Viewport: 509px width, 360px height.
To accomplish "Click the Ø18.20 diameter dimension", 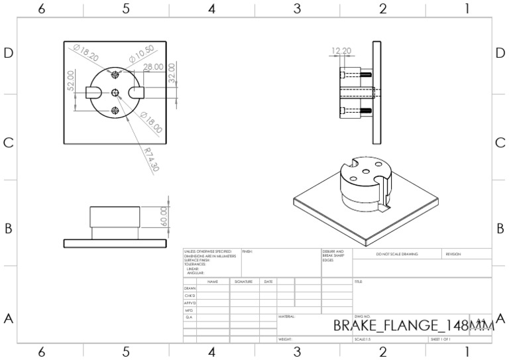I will click(x=87, y=54).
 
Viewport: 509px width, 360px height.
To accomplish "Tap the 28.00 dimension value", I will click(x=153, y=68).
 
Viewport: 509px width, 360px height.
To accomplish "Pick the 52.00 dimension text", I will click(x=70, y=82).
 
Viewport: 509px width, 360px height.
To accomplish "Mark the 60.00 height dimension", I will click(x=164, y=214).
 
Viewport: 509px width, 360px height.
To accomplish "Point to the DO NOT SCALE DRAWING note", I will click(x=397, y=254).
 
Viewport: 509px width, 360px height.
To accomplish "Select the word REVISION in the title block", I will click(x=453, y=254).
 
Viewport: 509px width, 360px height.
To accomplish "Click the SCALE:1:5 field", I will click(x=363, y=339).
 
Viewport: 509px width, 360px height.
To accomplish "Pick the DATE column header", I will click(x=268, y=282).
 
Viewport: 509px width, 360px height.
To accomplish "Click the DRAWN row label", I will click(x=190, y=289).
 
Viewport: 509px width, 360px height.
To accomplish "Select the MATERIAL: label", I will click(x=286, y=317).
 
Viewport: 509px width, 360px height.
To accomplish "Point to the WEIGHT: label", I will click(x=286, y=339).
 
